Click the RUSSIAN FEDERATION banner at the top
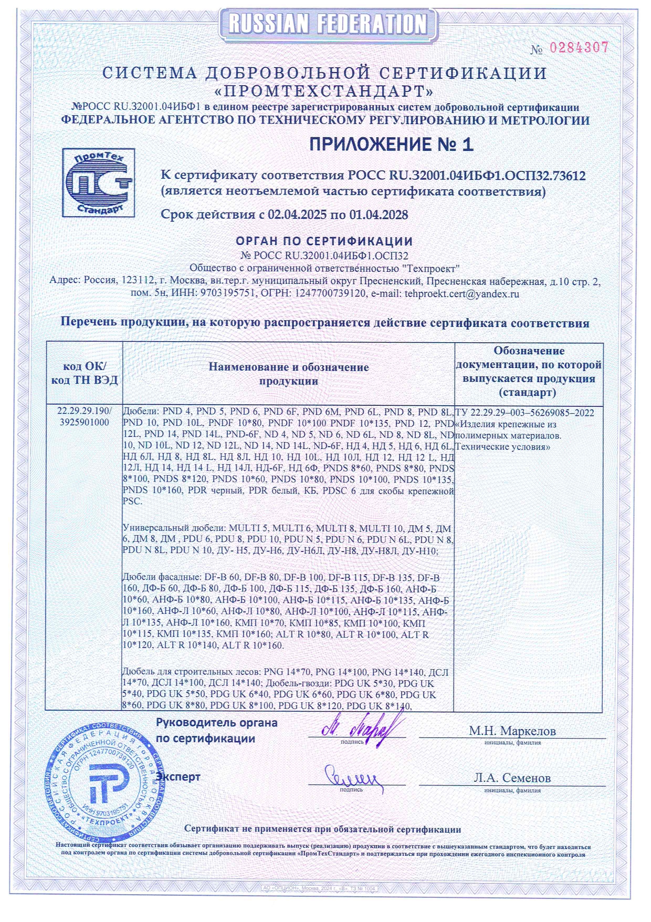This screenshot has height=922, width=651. tap(328, 24)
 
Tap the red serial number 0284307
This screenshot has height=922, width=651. tap(579, 48)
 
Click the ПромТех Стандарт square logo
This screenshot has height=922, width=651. tap(98, 182)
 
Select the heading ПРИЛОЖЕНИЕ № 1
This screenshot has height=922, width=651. tap(391, 144)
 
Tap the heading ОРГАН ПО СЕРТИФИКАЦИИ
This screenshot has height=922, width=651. tap(324, 241)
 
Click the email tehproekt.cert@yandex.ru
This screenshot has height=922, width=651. tap(461, 294)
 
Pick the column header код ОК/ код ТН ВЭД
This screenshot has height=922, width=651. tap(85, 373)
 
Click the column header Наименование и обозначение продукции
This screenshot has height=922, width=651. tap(288, 374)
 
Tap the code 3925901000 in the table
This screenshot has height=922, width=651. tap(85, 423)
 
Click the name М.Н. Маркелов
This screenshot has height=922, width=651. tap(512, 731)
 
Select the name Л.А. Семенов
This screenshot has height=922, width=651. tap(512, 777)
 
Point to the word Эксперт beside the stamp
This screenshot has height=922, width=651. tap(178, 776)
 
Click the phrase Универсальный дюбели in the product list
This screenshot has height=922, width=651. tap(175, 528)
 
